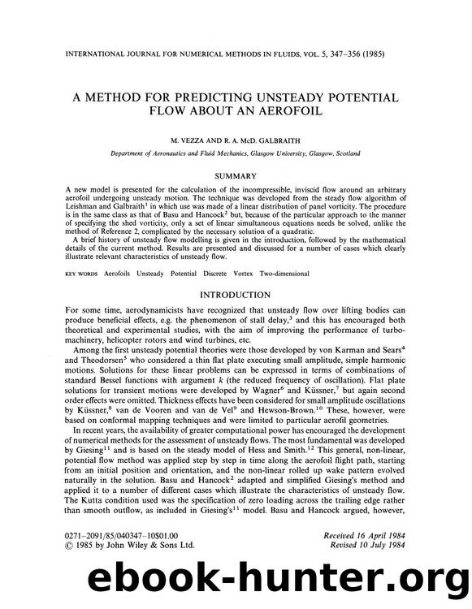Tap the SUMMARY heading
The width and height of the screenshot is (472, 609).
point(236,175)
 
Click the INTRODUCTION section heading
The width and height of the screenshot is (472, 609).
point(236,295)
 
